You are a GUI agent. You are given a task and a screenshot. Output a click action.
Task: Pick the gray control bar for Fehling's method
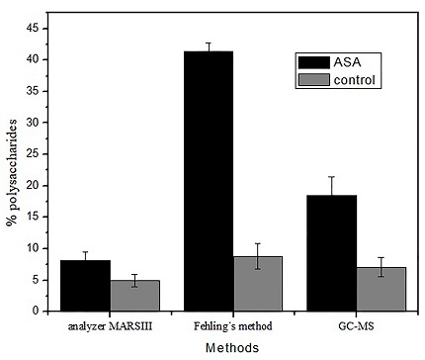[x=259, y=284]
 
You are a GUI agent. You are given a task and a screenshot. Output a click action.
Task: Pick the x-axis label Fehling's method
[x=232, y=325]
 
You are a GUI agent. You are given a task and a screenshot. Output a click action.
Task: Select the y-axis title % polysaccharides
[x=11, y=172]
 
